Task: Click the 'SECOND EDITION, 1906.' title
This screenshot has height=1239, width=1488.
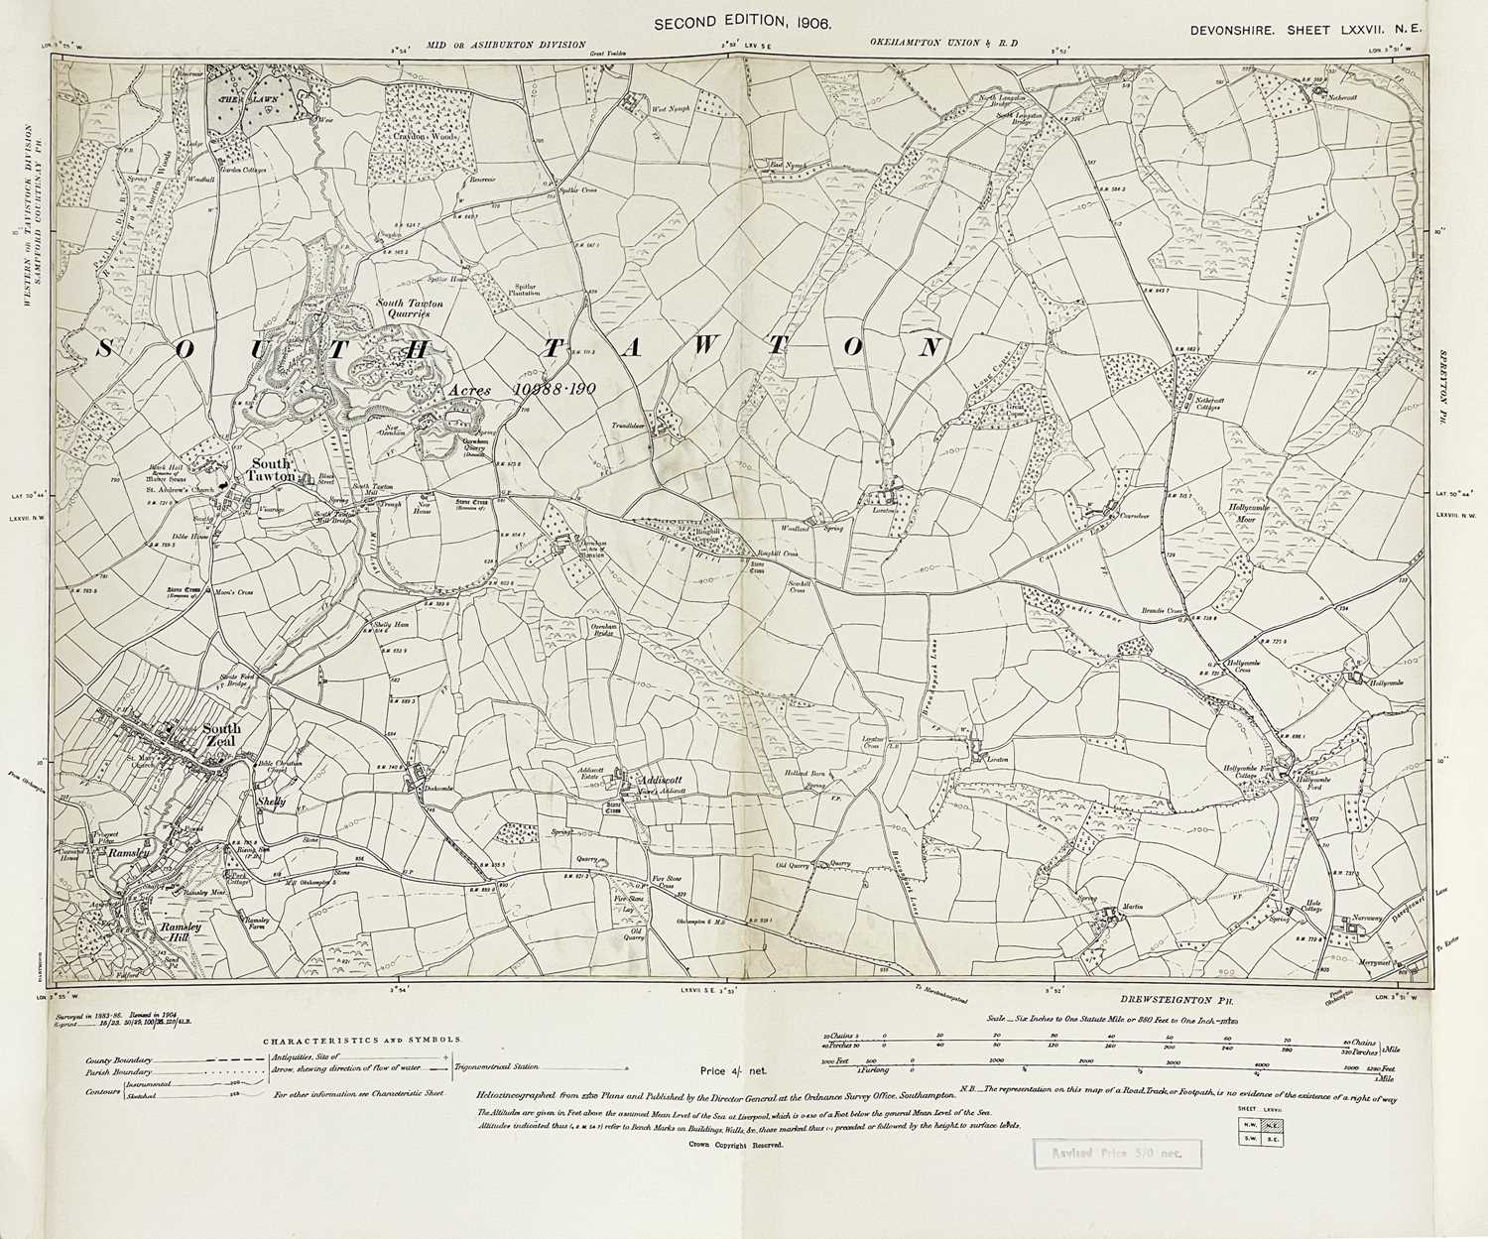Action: [743, 22]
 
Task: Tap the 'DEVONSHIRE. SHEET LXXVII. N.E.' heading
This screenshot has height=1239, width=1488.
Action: [1306, 30]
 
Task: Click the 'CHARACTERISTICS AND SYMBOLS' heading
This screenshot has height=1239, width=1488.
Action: [362, 1041]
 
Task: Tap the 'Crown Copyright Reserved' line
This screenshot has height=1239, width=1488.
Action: [735, 1144]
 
